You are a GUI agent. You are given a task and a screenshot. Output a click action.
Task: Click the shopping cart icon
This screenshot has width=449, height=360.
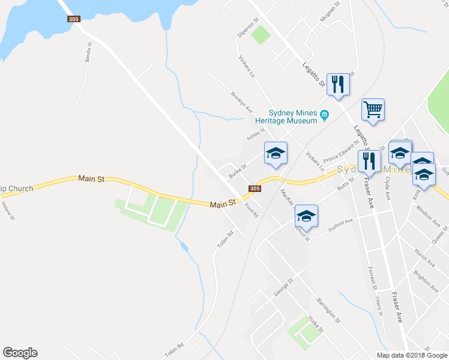373,110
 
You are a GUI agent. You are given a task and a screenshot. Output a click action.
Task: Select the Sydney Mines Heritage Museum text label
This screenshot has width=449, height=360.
292,116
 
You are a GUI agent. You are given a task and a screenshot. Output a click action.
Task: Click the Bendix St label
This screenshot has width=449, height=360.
89,53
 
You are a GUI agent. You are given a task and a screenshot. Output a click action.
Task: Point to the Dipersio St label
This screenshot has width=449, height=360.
247,28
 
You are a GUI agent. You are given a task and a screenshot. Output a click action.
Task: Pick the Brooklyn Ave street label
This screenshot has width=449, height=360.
241,100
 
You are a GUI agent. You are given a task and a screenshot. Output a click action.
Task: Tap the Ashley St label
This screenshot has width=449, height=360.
256,135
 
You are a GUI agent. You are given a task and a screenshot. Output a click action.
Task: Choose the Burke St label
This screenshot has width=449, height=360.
237,172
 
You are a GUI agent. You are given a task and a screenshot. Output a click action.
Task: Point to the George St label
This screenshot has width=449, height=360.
283,287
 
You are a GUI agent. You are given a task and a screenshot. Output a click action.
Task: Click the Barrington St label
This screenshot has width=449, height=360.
328,310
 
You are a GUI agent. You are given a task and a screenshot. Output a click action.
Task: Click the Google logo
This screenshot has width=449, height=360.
20,353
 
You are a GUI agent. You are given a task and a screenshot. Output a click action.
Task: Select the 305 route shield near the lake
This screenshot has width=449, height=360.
73,19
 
